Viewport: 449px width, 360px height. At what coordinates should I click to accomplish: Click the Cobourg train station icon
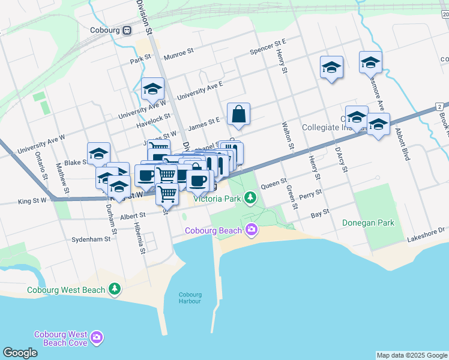point(127,31)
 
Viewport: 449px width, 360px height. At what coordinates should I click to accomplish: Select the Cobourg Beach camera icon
point(251,229)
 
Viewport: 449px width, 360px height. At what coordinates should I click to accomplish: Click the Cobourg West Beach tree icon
point(114,290)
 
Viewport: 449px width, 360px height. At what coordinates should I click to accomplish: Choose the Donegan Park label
point(368,223)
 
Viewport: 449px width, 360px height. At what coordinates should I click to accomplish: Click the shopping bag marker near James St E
point(238,113)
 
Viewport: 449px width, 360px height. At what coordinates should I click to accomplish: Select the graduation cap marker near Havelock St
point(152,89)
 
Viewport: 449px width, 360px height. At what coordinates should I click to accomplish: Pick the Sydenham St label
point(91,238)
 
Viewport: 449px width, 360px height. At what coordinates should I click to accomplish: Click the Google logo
point(20,353)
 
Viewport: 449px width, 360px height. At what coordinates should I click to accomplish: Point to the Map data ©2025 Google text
point(411,355)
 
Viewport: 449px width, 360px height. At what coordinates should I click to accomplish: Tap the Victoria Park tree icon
point(250,197)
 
